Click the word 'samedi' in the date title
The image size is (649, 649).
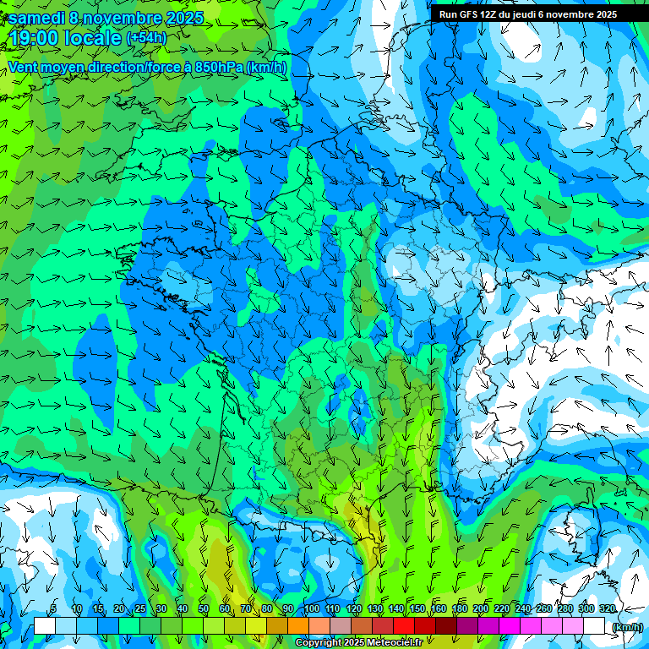click(x=37, y=18)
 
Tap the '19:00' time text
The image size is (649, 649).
click(x=33, y=38)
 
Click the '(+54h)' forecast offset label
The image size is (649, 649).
click(x=146, y=38)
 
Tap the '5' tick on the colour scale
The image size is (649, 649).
click(x=53, y=608)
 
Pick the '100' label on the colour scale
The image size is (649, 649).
click(x=311, y=608)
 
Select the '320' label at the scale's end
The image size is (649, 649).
click(x=607, y=608)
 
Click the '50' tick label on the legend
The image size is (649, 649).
click(x=204, y=608)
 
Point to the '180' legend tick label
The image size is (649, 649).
click(x=459, y=608)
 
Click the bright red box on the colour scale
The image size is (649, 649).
click(x=403, y=626)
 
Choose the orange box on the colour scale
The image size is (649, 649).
click(x=297, y=626)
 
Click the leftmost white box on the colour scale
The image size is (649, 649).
click(x=45, y=626)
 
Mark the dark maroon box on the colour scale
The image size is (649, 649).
click(x=445, y=626)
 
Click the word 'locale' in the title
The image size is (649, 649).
click(x=90, y=38)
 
